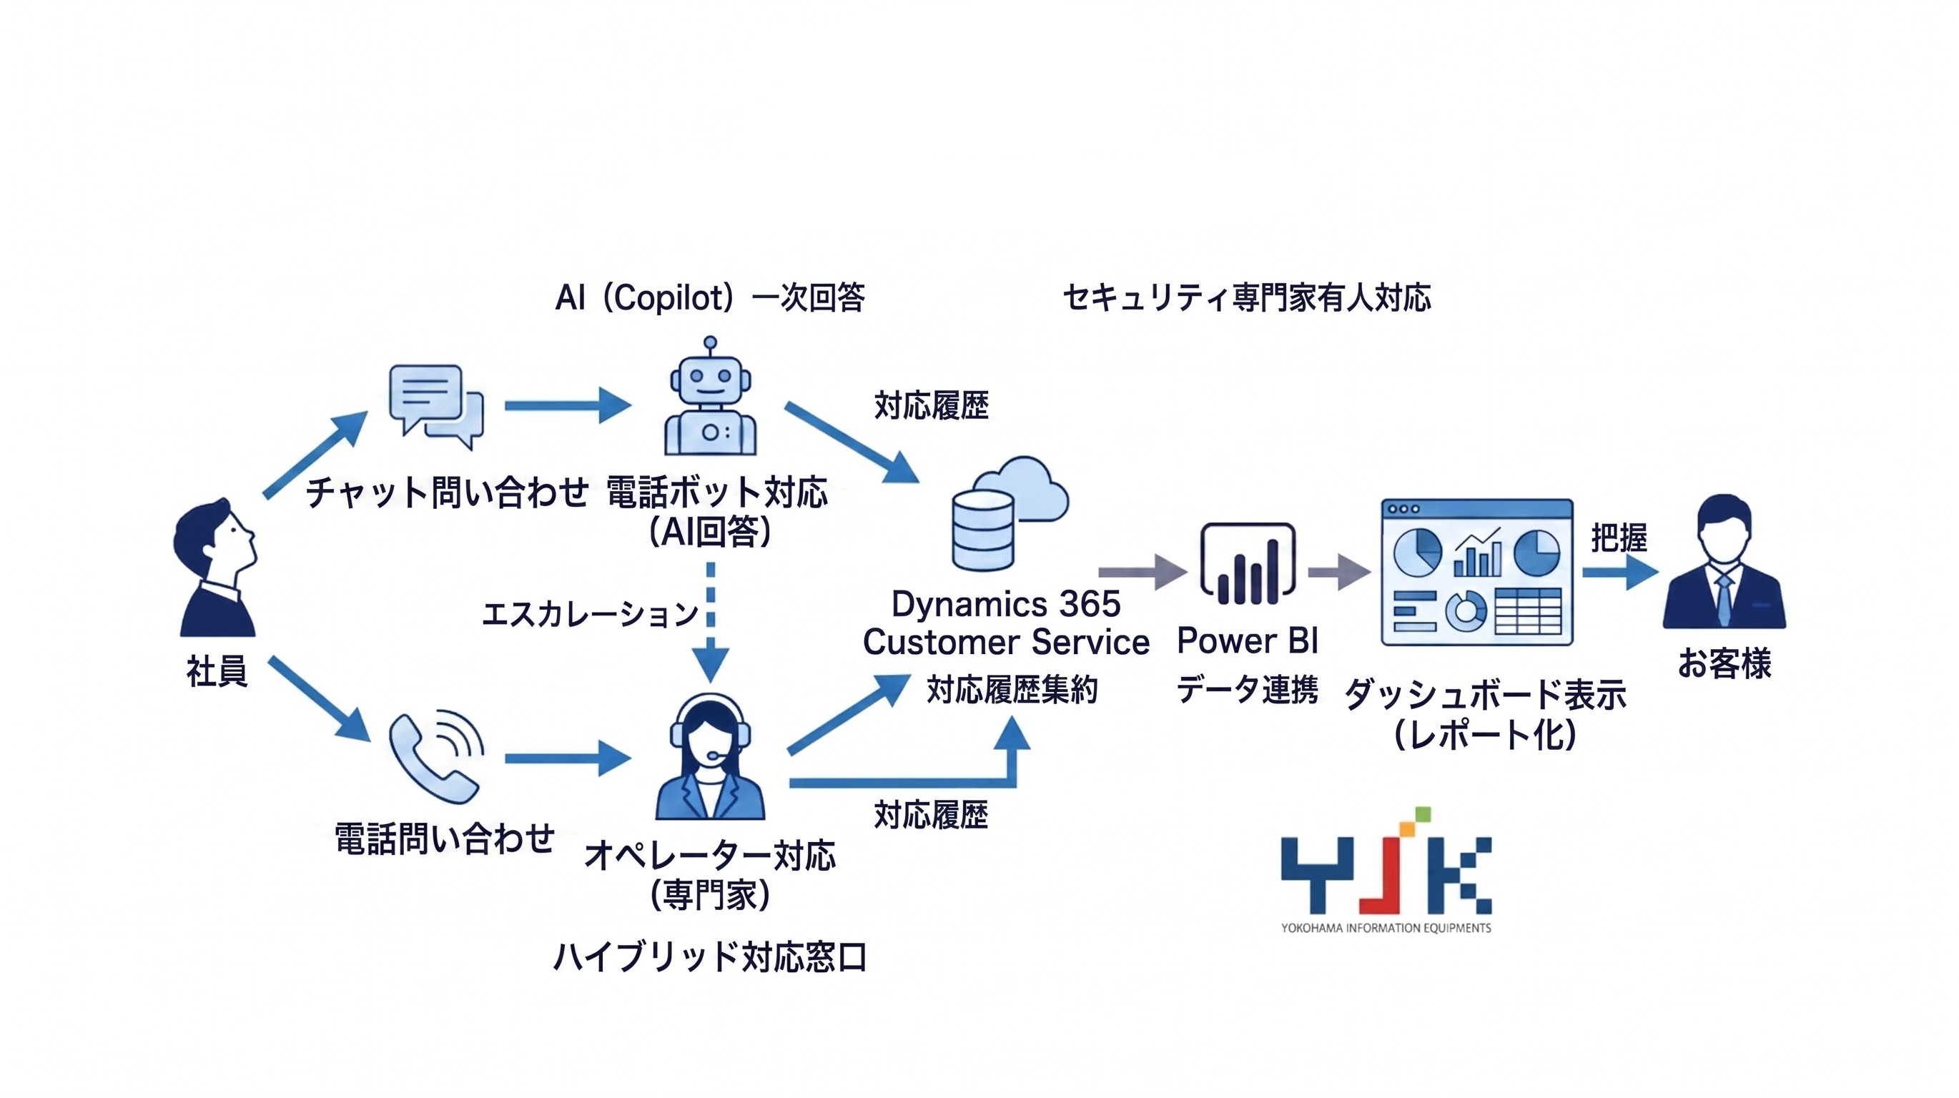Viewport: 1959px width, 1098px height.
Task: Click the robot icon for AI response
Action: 710,399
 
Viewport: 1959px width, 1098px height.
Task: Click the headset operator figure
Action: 709,756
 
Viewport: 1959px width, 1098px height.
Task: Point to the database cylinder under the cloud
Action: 982,530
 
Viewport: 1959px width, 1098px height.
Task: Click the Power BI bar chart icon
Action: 1247,564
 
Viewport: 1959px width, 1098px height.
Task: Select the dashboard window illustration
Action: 1477,572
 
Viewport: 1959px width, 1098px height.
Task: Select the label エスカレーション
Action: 589,613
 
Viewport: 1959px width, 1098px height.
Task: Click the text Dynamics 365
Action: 1005,605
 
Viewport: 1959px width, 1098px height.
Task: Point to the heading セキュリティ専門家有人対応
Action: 1246,297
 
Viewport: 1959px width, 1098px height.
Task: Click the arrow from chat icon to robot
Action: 567,405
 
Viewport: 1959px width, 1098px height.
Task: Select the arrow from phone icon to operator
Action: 567,758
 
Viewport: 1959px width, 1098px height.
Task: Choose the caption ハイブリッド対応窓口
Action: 709,956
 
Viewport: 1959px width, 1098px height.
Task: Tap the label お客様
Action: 1724,663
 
